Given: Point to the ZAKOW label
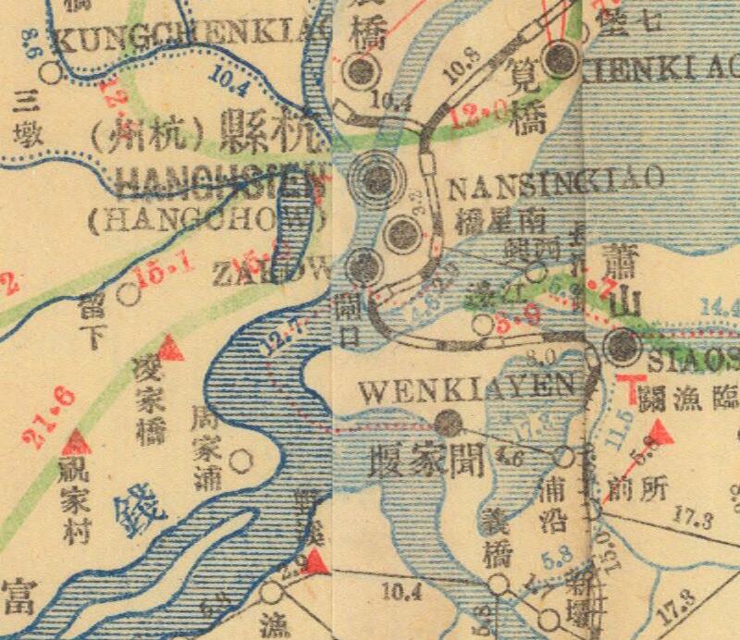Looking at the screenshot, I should point(271,274).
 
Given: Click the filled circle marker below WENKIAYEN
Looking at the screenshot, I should point(450,424).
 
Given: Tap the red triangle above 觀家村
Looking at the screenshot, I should point(77,441).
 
